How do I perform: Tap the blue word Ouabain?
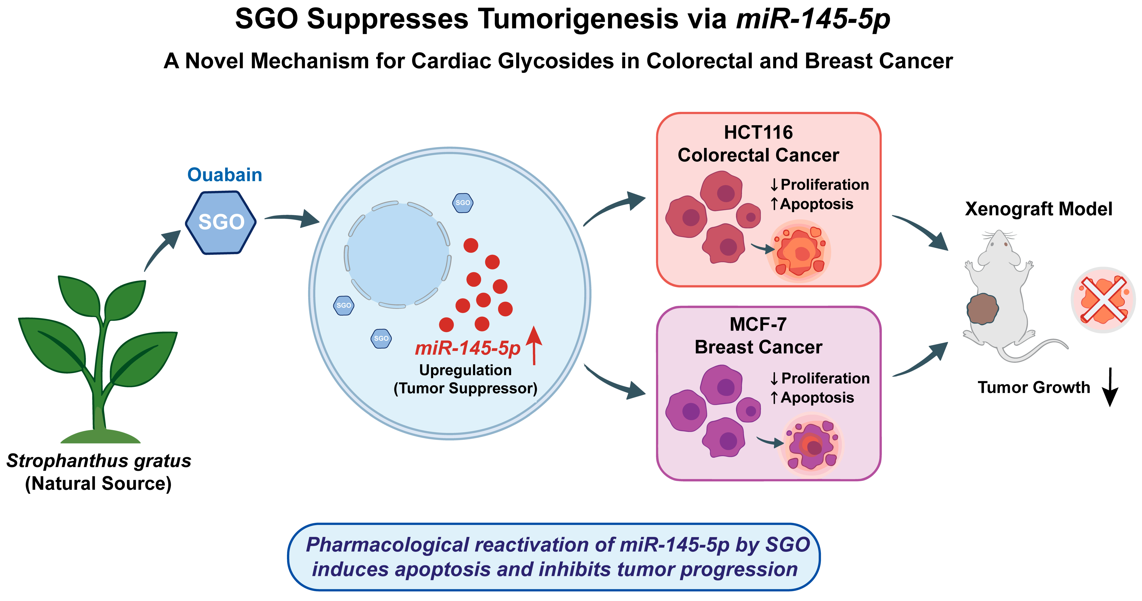coord(225,175)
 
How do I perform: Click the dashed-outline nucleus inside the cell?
coord(398,254)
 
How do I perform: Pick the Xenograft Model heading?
coord(1039,209)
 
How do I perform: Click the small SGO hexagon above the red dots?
coord(463,203)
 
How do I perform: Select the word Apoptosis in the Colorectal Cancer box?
coord(817,204)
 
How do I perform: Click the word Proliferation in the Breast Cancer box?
coord(825,378)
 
